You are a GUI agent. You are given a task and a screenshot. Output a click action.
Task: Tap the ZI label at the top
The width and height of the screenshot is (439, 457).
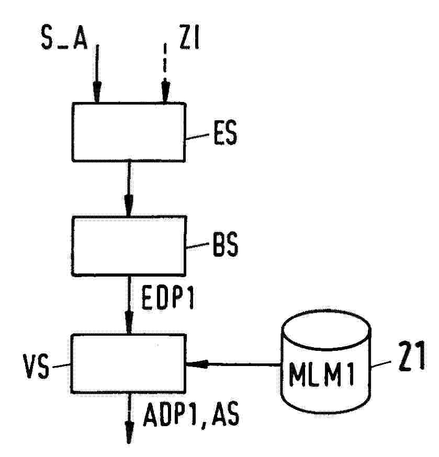[x=189, y=37]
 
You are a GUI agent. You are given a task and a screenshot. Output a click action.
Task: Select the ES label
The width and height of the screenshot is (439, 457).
[x=225, y=133]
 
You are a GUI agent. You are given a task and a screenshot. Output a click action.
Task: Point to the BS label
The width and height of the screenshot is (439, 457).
[x=225, y=245]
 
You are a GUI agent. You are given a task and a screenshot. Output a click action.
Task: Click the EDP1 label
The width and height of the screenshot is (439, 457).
[x=167, y=297]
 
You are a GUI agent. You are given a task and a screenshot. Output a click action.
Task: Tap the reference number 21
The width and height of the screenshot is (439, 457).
[x=411, y=356]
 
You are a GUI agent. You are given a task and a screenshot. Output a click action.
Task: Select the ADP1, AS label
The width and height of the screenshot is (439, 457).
[x=191, y=415]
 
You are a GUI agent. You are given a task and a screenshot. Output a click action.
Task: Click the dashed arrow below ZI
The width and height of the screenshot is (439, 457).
[x=165, y=73]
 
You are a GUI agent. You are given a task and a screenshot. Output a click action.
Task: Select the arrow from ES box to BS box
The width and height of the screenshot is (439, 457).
[x=129, y=189]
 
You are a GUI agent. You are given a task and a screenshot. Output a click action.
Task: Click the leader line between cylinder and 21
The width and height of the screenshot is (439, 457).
[x=381, y=364]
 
